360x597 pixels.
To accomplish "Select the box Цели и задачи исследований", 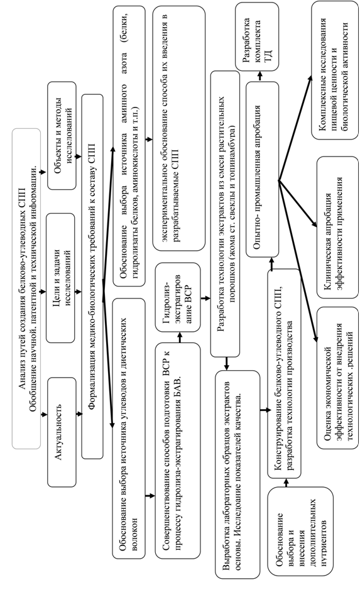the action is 60,278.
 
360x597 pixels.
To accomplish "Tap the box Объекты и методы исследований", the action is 62,135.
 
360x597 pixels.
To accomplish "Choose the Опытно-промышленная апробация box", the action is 262,170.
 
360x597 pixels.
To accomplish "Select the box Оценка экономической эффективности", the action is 337,378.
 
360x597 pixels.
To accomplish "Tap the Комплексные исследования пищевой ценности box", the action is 334,71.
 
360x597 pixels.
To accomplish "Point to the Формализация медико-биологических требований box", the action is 92,277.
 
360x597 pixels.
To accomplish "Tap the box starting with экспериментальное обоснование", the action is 178,128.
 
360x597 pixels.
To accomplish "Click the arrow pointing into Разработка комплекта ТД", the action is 260,76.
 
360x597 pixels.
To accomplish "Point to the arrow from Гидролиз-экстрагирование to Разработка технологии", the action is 205,298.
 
